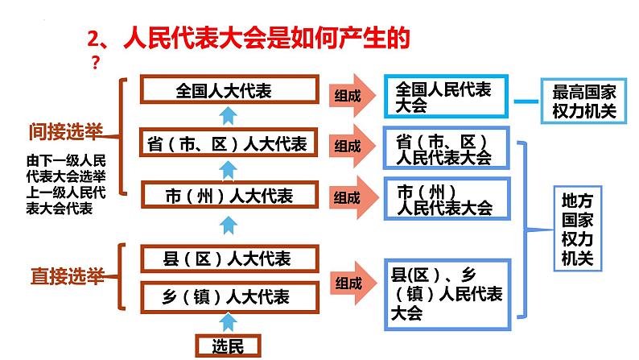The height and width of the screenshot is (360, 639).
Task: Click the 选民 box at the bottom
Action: pos(229,346)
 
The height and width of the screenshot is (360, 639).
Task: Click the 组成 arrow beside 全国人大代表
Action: pos(354,95)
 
